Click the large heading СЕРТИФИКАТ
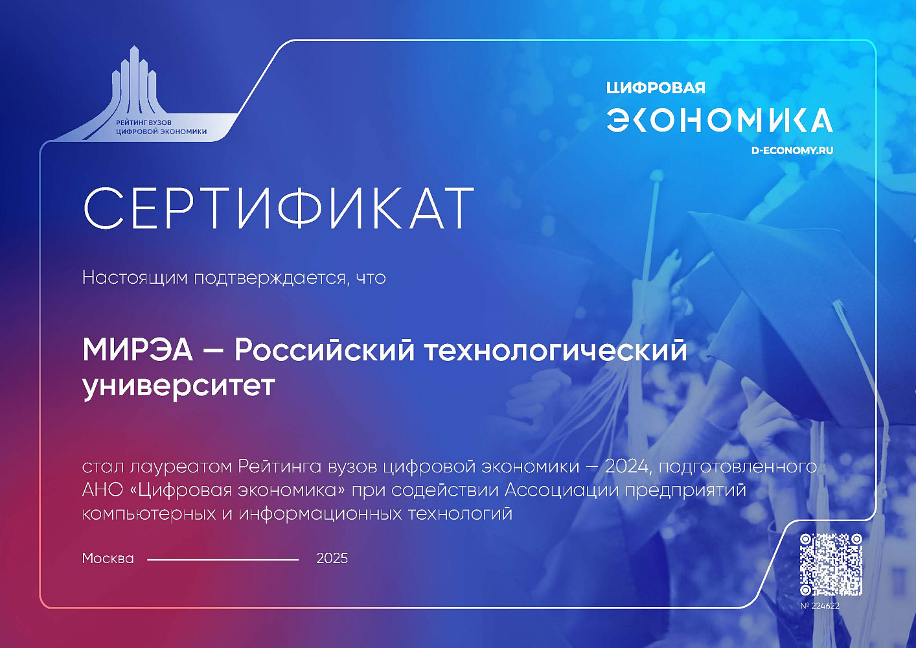coord(279,208)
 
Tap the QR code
coord(831,564)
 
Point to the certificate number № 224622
coord(820,606)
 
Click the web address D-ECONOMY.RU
coord(792,150)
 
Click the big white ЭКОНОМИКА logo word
coord(720,121)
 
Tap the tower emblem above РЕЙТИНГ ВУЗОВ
coord(135,82)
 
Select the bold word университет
coord(179,386)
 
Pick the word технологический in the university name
coord(556,351)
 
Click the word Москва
coord(108,559)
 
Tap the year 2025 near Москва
coord(332,559)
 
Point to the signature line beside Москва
coord(223,560)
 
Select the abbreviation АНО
coord(102,490)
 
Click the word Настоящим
coord(135,278)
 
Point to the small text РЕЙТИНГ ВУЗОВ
coord(144,122)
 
